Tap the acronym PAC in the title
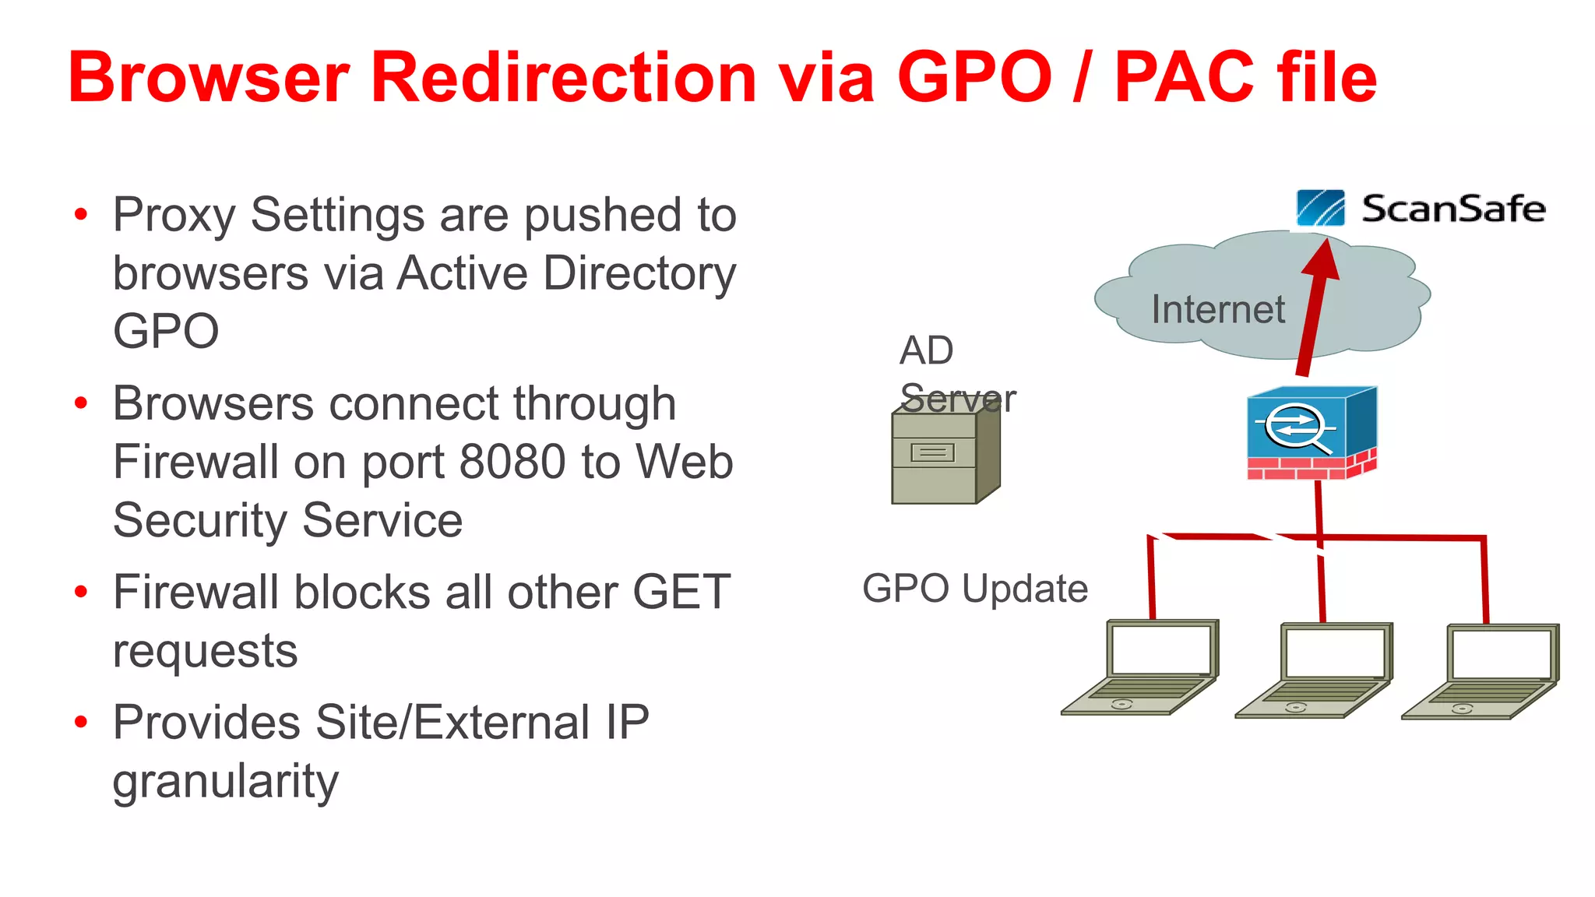[1185, 78]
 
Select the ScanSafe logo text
[1452, 209]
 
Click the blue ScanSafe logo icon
[1320, 208]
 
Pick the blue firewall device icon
[1311, 432]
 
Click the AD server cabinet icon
[943, 457]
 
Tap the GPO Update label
[974, 589]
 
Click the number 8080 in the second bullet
[512, 462]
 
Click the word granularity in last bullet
[226, 781]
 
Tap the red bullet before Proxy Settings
[81, 214]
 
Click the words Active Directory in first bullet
[566, 273]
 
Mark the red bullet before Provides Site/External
[81, 722]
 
